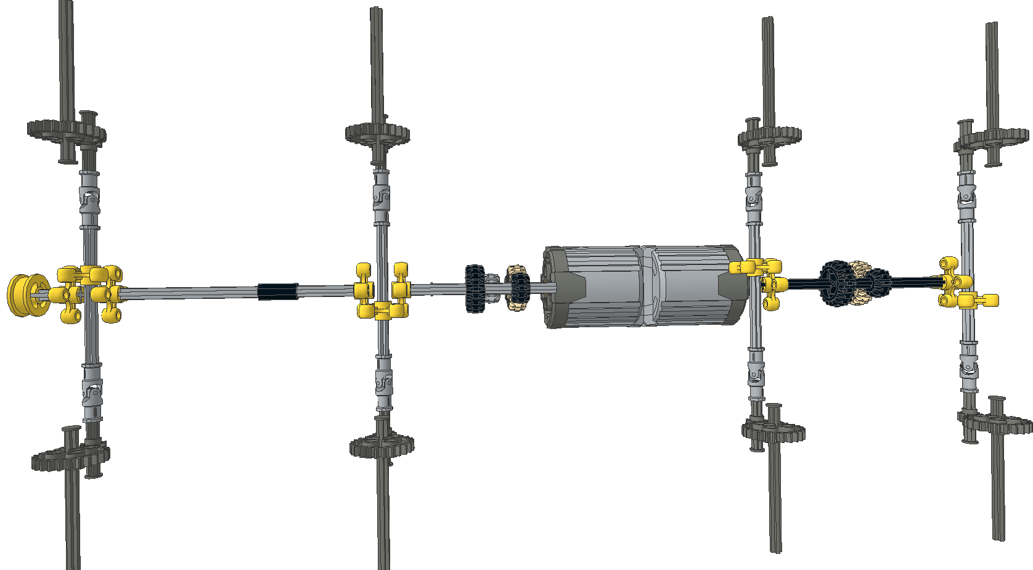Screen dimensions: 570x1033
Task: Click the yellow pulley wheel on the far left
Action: click(25, 296)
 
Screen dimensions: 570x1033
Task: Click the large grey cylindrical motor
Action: click(644, 286)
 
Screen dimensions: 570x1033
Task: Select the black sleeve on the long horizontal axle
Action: click(277, 291)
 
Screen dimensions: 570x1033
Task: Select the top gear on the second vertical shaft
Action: click(377, 133)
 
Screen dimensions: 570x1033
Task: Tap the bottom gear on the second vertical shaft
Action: click(381, 446)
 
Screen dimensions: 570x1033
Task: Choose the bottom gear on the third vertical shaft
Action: click(774, 428)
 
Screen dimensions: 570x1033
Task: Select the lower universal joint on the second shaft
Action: click(383, 382)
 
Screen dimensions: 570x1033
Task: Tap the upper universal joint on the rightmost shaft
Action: click(966, 198)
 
